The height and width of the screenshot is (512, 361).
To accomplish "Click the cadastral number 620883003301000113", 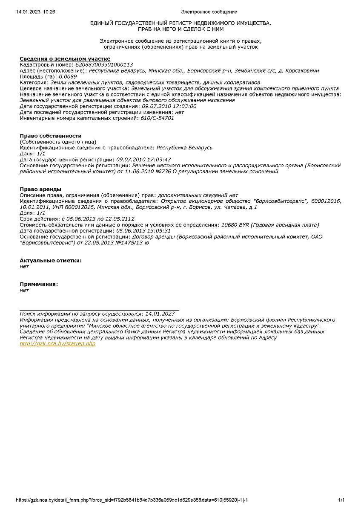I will point(104,65).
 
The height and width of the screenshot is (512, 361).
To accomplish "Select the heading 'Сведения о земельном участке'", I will point(65,59).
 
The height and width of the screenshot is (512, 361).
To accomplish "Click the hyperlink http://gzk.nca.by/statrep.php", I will point(57,343).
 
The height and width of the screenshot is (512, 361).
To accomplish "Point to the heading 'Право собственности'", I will point(51,136).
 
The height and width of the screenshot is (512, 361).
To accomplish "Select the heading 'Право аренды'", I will point(40,189).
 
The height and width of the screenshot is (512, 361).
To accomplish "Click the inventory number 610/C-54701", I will point(157,118).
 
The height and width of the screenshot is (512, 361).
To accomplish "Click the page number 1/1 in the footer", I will point(341,500).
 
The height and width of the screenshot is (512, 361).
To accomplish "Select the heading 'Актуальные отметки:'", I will point(51,260).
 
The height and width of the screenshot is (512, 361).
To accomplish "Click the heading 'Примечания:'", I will point(39,284).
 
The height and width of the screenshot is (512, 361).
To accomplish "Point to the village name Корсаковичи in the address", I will point(303,71).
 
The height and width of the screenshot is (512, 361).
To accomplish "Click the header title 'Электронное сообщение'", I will point(209,12).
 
